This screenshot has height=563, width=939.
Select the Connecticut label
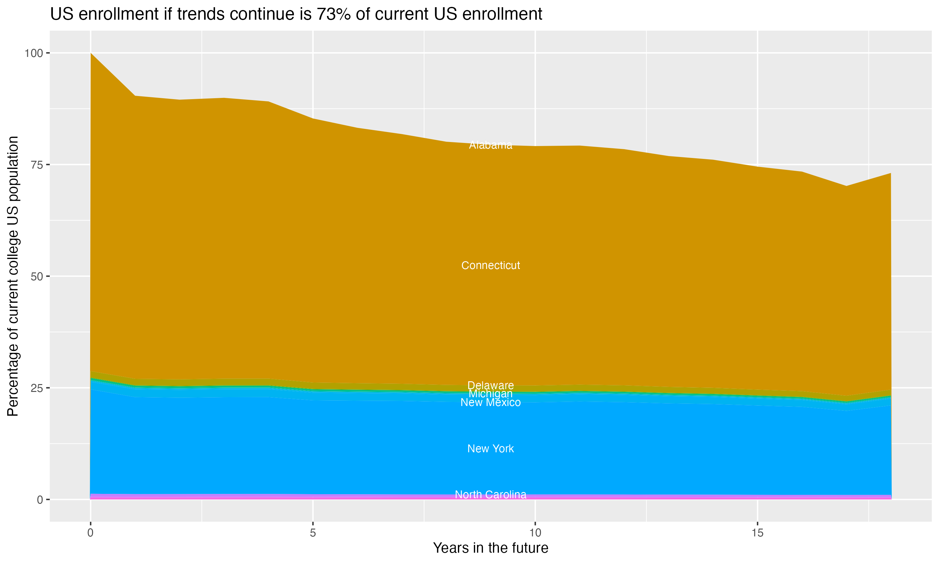(490, 266)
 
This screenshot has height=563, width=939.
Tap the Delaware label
(490, 385)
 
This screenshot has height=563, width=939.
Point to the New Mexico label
(490, 403)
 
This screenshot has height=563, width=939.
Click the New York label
(490, 449)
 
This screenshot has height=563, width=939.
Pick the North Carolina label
(490, 495)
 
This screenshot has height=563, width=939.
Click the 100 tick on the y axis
(33, 53)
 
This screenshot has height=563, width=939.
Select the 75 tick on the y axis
(36, 165)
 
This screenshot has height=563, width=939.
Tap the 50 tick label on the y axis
(36, 276)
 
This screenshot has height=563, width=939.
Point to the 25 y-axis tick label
(36, 388)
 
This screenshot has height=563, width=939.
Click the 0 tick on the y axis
(40, 500)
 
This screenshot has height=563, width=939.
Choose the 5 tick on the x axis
(313, 533)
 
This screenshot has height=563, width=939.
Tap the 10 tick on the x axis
(535, 533)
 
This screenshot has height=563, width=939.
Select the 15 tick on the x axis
(757, 533)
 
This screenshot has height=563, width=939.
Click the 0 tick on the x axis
(90, 533)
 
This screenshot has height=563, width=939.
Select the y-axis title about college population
(13, 276)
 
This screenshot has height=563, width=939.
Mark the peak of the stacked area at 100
(91, 53)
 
